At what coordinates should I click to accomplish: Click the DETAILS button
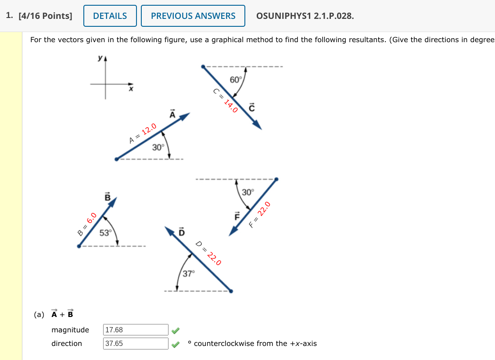pyautogui.click(x=110, y=16)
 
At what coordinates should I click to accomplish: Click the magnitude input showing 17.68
pyautogui.click(x=136, y=330)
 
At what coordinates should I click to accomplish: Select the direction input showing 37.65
pyautogui.click(x=136, y=343)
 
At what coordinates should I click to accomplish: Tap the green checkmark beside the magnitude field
pyautogui.click(x=176, y=330)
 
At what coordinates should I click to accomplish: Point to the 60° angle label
pyautogui.click(x=236, y=79)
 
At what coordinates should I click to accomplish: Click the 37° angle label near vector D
pyautogui.click(x=188, y=274)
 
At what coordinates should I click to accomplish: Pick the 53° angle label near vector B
pyautogui.click(x=105, y=233)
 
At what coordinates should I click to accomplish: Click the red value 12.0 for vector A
pyautogui.click(x=149, y=130)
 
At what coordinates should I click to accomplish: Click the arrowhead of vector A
pyautogui.click(x=186, y=116)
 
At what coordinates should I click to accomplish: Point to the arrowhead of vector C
pyautogui.click(x=257, y=125)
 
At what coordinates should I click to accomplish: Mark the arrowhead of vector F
pyautogui.click(x=233, y=231)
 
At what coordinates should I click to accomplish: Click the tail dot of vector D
pyautogui.click(x=231, y=291)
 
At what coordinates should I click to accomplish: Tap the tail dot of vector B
pyautogui.click(x=79, y=246)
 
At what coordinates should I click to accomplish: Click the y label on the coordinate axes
pyautogui.click(x=100, y=58)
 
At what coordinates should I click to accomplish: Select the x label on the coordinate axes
pyautogui.click(x=130, y=90)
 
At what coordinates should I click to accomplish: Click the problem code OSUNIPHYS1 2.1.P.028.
pyautogui.click(x=305, y=16)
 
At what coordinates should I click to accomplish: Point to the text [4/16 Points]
pyautogui.click(x=45, y=16)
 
